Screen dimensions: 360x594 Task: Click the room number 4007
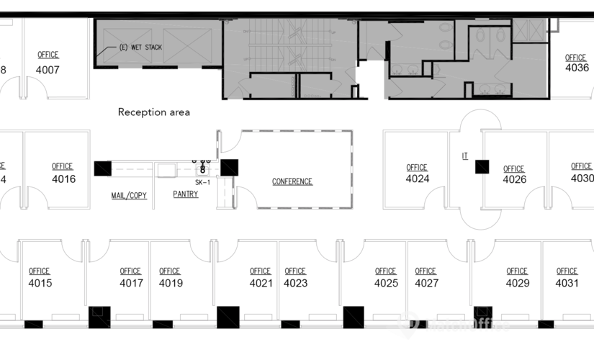click(x=48, y=70)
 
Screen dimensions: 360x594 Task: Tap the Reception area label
click(x=154, y=112)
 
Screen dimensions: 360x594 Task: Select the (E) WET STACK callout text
click(x=140, y=48)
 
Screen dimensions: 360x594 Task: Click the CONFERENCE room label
click(x=292, y=181)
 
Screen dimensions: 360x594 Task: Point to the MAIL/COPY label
click(x=129, y=195)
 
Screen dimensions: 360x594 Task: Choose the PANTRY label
click(x=186, y=194)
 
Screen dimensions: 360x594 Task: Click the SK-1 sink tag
click(x=202, y=183)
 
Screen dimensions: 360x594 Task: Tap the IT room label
click(x=465, y=156)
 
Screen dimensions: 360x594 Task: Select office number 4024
click(x=418, y=179)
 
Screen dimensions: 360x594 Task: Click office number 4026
click(x=514, y=179)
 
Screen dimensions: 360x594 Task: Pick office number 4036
click(x=577, y=68)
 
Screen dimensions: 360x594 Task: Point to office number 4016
click(x=63, y=179)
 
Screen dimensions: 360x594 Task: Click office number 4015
click(x=40, y=283)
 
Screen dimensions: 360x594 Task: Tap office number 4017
click(x=131, y=283)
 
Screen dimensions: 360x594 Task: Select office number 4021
click(x=261, y=283)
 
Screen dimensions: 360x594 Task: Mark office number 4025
click(x=386, y=283)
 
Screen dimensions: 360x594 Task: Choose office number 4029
click(x=517, y=283)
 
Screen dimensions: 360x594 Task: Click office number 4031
click(x=567, y=283)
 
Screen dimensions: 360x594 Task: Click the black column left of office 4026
click(x=482, y=167)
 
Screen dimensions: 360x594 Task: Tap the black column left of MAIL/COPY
click(x=103, y=168)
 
